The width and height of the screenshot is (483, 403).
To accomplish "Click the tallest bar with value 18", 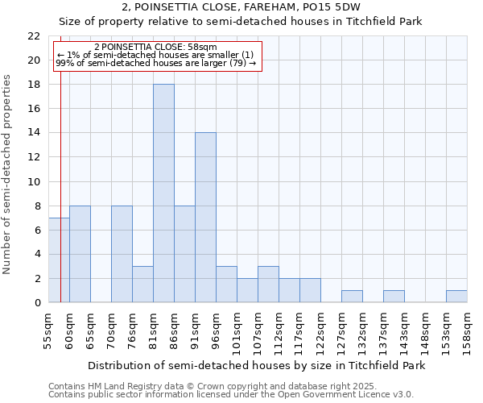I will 163,193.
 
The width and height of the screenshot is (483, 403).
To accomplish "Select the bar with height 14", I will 205,218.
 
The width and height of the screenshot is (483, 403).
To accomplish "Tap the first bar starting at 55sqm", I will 59,260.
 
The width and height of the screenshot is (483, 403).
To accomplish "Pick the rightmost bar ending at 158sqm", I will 456,296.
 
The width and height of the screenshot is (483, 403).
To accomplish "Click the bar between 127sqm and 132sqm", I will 352,296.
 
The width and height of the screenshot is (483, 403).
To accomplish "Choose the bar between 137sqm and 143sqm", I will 394,296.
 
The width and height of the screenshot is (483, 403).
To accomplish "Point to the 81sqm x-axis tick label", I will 154,330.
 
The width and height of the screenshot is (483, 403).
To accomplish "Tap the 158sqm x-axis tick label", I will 468,331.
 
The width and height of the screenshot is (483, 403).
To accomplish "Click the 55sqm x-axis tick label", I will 49,330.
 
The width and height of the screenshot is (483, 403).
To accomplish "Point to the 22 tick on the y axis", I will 34,36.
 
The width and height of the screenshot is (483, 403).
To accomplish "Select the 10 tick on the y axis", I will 34,181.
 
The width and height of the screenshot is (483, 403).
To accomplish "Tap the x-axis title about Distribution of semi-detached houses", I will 256,365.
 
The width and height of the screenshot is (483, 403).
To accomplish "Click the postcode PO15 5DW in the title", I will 338,6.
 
